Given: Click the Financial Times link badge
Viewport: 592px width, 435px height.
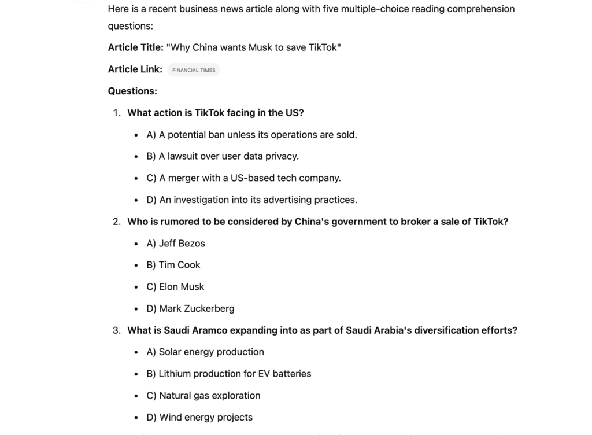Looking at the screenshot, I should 194,70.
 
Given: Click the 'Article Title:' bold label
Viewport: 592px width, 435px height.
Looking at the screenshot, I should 136,47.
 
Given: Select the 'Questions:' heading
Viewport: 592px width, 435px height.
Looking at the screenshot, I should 132,91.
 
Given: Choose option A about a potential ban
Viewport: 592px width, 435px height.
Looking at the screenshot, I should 251,135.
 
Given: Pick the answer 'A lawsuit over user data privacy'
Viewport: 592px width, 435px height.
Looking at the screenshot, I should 223,156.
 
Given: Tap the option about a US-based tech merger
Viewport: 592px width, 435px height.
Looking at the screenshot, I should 243,178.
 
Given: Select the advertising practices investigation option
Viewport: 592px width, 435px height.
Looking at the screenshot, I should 251,200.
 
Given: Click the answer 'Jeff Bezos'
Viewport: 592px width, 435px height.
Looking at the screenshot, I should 176,244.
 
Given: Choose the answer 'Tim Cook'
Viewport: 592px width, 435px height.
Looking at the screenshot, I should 173,265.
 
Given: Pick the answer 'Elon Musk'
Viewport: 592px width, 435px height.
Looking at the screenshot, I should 175,287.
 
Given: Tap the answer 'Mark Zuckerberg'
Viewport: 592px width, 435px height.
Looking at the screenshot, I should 190,309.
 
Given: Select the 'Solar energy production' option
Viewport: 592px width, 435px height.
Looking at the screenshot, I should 205,352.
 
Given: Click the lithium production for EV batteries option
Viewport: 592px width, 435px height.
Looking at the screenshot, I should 229,374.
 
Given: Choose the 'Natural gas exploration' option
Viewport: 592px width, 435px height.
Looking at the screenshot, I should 203,396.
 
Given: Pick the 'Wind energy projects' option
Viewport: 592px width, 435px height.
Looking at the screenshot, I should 199,418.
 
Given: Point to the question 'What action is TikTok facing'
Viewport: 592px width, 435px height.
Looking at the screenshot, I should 215,113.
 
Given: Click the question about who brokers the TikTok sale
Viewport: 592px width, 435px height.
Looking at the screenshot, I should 317,222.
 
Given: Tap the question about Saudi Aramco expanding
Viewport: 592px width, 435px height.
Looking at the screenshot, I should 322,330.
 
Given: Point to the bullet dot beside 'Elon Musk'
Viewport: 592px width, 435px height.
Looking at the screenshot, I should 136,287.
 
